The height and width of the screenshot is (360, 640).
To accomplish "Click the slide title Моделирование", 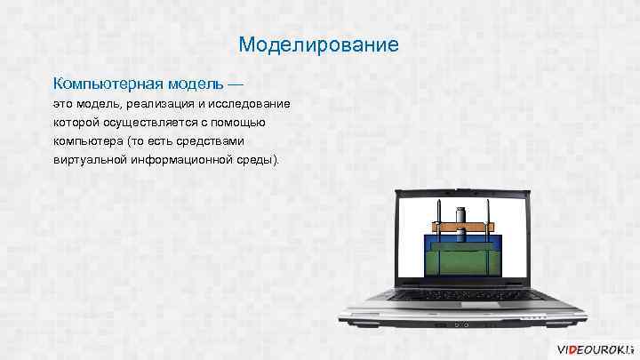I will (x=319, y=44).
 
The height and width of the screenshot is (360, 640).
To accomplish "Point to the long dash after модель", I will (x=234, y=84).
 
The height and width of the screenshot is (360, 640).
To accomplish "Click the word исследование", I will (x=248, y=104).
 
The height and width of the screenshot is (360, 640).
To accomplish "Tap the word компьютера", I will (x=89, y=141).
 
